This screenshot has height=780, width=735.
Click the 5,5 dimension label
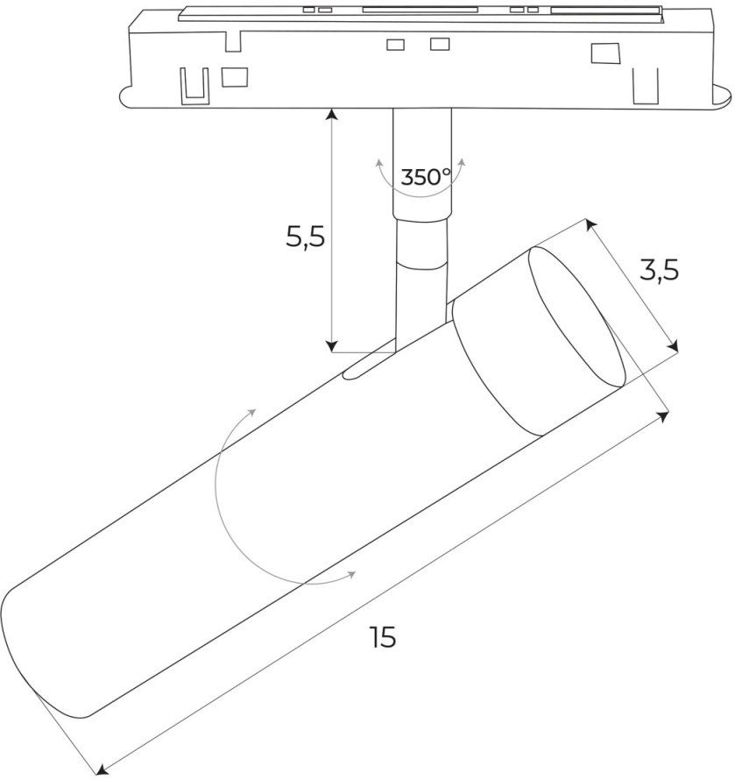(x=305, y=236)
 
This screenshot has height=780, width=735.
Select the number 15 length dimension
(x=382, y=638)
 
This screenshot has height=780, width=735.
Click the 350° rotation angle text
(x=425, y=177)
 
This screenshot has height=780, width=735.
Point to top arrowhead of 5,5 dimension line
(x=332, y=112)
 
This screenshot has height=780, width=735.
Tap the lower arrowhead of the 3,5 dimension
(x=674, y=347)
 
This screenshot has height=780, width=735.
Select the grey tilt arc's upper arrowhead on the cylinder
(x=252, y=412)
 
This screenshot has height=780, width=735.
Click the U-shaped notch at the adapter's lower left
(x=193, y=82)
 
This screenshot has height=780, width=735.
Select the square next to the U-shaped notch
(x=234, y=77)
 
